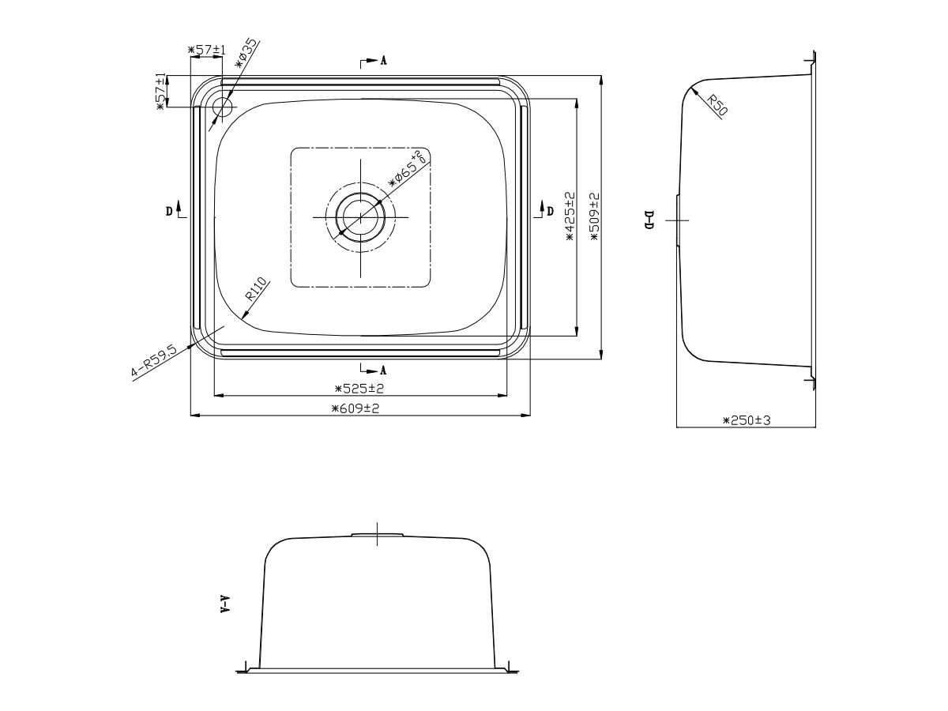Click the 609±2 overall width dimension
point(355,408)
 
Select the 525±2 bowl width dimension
point(359,389)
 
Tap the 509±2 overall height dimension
point(595,216)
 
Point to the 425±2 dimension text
point(570,216)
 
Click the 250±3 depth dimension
point(747,420)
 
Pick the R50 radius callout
point(717,105)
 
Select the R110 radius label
point(256,288)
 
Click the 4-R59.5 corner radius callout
point(154,362)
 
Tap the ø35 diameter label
point(246,53)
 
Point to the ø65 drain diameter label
point(407,169)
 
